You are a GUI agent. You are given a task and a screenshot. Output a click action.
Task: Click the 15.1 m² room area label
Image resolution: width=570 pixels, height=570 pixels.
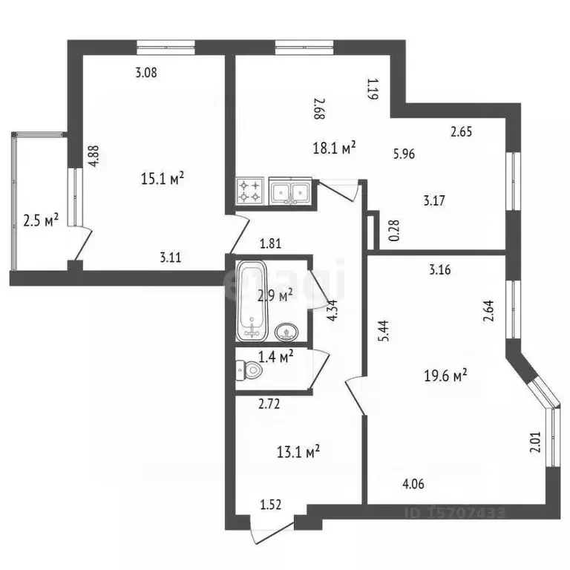click(x=163, y=179)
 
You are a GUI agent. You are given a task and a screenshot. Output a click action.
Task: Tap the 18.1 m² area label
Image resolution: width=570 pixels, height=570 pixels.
click(x=334, y=148)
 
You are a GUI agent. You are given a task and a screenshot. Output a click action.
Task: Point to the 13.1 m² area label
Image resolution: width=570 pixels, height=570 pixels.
click(x=298, y=451)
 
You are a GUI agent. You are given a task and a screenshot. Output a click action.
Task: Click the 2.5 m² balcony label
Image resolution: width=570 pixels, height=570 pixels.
click(x=41, y=220)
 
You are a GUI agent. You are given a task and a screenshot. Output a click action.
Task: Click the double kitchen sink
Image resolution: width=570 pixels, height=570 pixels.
click(x=289, y=190)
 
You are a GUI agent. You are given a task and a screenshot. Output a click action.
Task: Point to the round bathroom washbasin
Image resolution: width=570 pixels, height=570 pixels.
click(x=285, y=330)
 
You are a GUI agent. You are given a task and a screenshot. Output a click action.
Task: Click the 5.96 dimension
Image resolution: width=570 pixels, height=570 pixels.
click(x=404, y=155)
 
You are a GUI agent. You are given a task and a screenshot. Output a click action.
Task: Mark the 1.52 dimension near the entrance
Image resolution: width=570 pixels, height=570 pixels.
click(x=271, y=505)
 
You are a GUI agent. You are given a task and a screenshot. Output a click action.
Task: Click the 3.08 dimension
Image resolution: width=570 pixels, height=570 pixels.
click(x=145, y=73)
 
